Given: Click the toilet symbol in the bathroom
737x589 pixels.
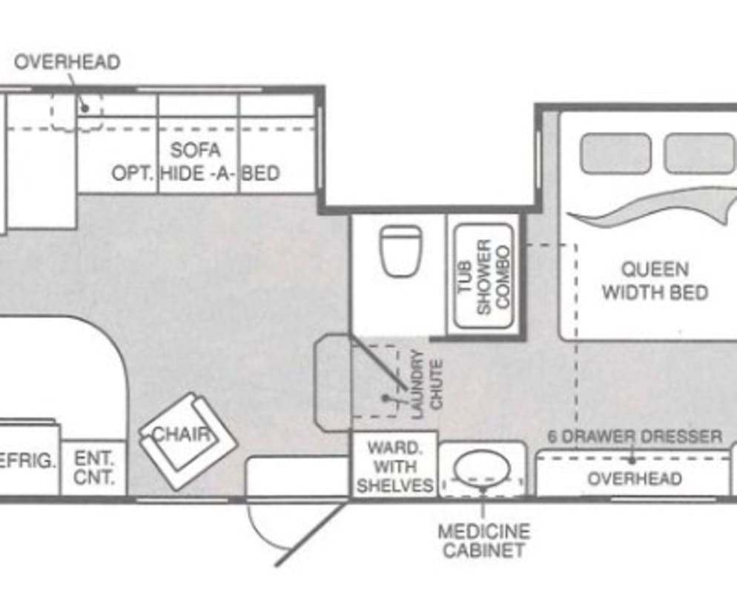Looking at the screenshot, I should coord(400,250).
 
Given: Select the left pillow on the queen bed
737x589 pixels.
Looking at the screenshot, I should coord(615,153).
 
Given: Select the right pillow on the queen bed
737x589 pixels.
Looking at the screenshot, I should coord(698,153).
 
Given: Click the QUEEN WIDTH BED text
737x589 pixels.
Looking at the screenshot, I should coord(655,281).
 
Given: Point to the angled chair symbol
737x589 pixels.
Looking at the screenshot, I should coord(188,441).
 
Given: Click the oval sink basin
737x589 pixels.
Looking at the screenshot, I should coord(481,468).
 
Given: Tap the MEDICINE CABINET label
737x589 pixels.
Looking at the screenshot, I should coord(483,541).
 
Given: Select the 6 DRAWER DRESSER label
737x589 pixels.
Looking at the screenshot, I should coord(634,436).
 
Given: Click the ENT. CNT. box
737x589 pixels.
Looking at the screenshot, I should coord(94,467).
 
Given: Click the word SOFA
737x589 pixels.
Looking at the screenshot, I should coord(196,150).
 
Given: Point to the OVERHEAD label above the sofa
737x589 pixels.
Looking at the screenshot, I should coord(67,62).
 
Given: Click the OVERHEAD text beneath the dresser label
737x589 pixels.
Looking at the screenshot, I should coord(634,479).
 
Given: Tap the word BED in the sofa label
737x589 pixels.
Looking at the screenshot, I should coord(261,174).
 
